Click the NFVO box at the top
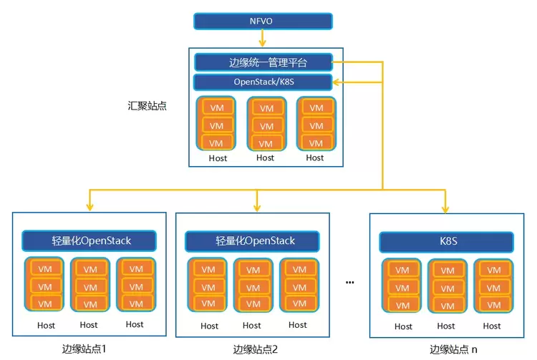click(x=263, y=21)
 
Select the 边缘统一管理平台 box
click(x=263, y=62)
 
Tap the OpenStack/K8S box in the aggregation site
click(x=263, y=82)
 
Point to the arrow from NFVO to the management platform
click(x=263, y=42)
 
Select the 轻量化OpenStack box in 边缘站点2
click(x=256, y=240)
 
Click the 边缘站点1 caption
click(x=84, y=349)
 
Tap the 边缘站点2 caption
click(x=255, y=350)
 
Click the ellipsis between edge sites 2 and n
click(x=350, y=282)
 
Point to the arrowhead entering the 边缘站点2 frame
click(x=256, y=207)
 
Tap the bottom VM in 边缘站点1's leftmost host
click(x=44, y=303)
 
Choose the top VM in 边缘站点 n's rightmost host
click(x=492, y=271)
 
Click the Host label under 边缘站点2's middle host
click(x=255, y=326)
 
